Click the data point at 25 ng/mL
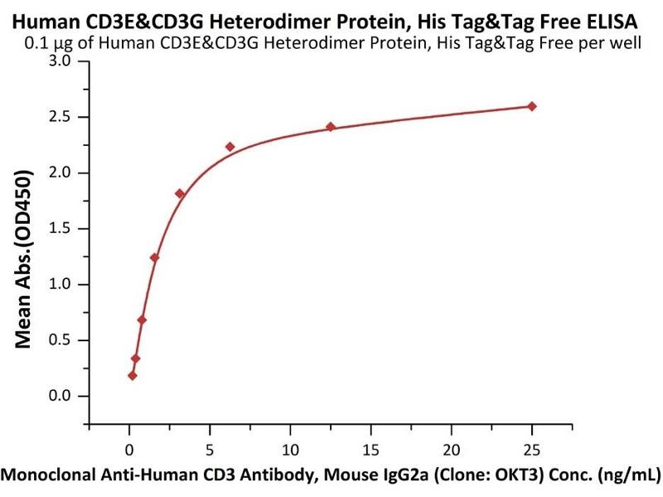coord(531,106)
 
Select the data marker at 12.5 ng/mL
coord(331,127)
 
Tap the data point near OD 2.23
coord(230,147)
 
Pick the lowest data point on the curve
coord(133,375)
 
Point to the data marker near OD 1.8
coord(180,194)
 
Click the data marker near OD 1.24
coord(154,258)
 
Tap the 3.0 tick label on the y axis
coord(60,62)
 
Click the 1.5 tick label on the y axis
coord(60,229)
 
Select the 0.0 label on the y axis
coord(60,396)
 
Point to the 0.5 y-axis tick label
coord(60,340)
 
